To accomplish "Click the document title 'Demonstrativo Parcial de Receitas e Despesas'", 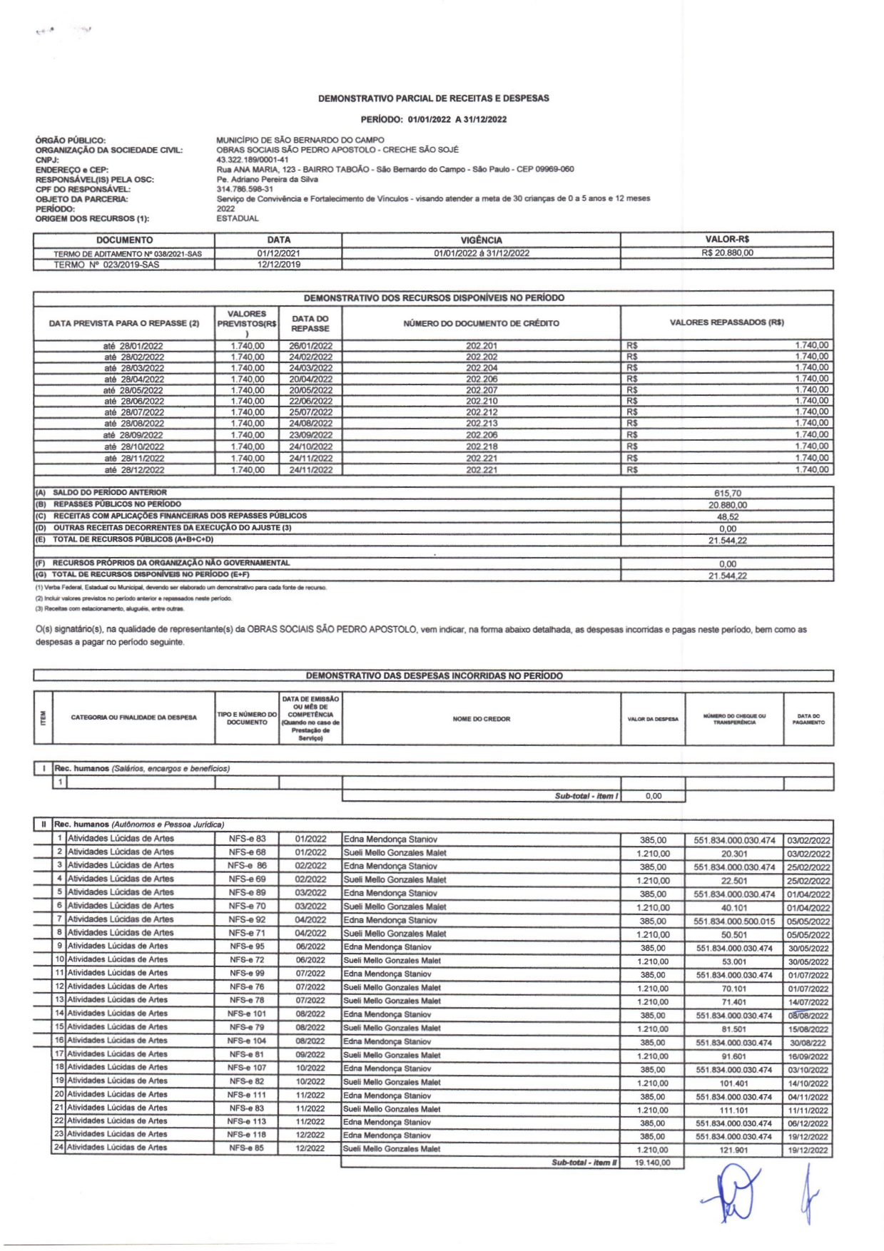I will (434, 98).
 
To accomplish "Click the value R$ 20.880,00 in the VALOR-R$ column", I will (726, 252).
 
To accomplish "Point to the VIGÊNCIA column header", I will (481, 240).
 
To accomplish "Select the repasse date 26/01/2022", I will (310, 346).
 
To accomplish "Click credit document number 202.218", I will (482, 446).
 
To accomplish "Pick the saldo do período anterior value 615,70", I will (726, 493).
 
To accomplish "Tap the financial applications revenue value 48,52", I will (727, 516).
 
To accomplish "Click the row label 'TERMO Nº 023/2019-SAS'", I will (106, 265).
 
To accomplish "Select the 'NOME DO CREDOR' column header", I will (481, 719).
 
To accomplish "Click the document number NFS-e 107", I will (247, 1068).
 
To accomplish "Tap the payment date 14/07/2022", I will (808, 1002).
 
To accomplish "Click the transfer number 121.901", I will (733, 1150).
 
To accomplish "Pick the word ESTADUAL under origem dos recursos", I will (237, 218).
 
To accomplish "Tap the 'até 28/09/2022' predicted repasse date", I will (133, 435).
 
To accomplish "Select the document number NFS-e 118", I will (247, 1135).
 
